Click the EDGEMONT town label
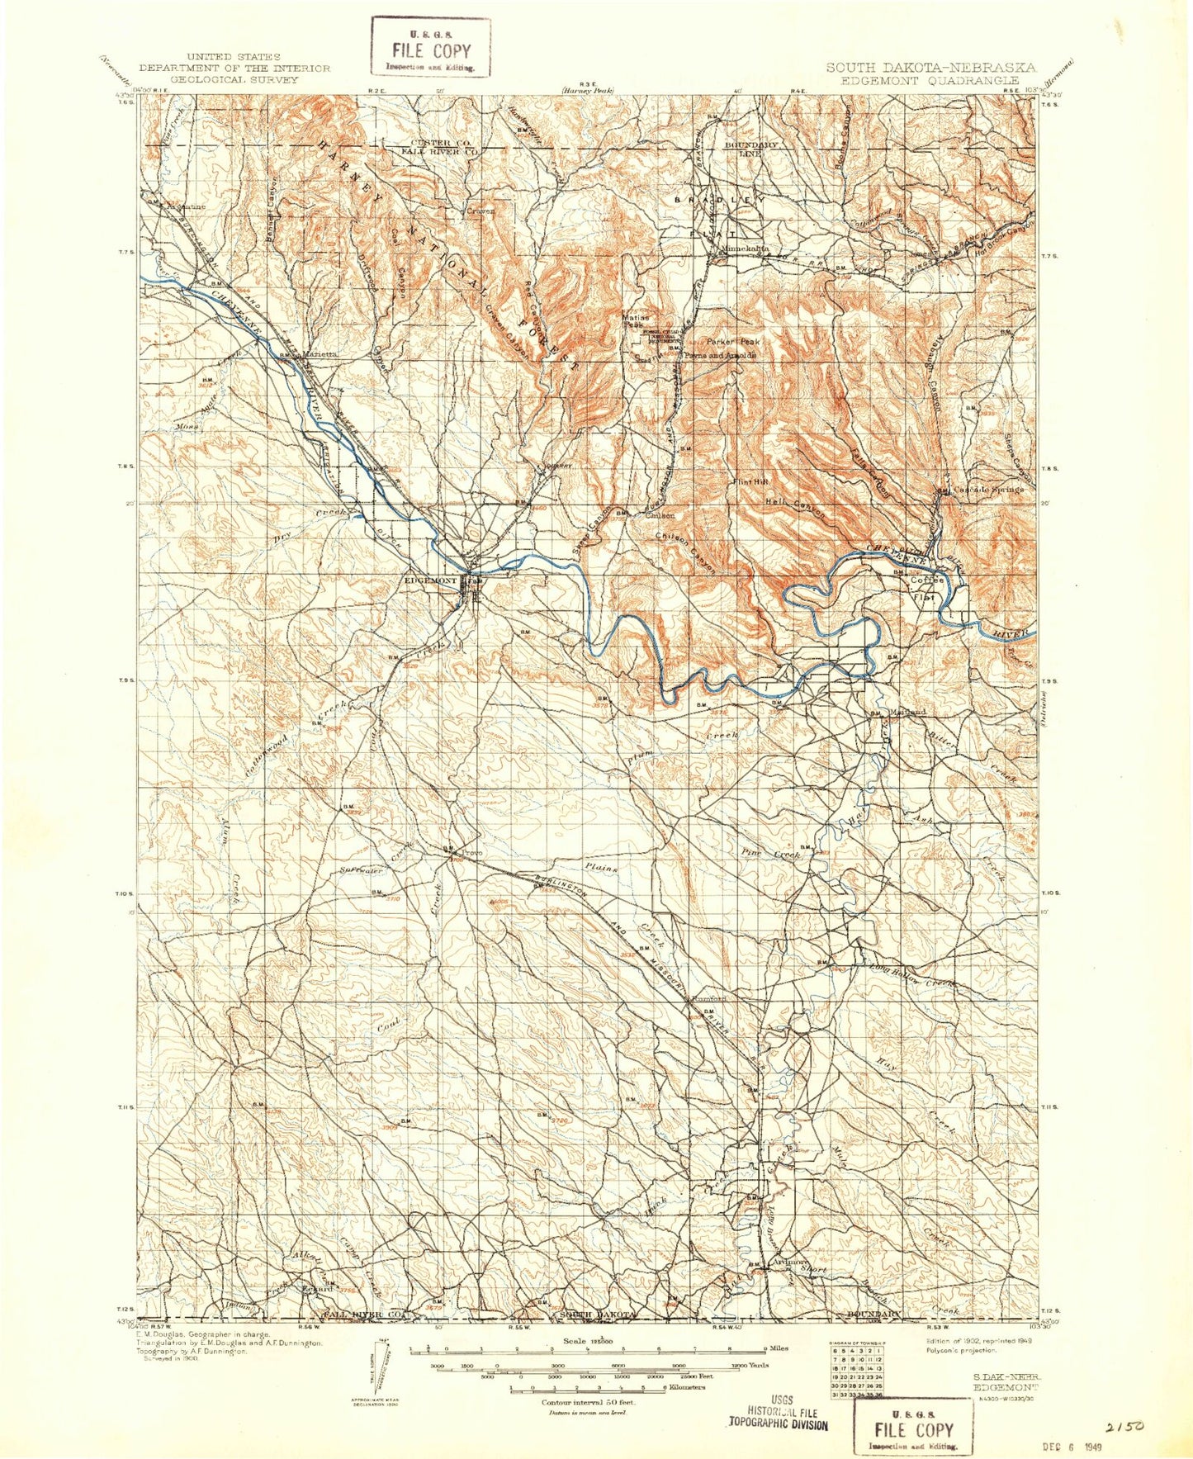[x=429, y=580]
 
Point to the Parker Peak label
[x=732, y=341]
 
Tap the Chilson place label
[x=660, y=515]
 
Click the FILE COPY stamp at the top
[x=431, y=49]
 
